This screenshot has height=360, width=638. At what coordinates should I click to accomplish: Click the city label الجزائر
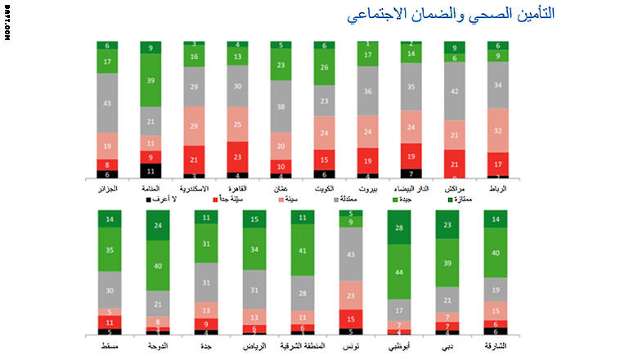pos(107,188)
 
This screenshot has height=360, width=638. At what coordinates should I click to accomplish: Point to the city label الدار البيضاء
pos(411,188)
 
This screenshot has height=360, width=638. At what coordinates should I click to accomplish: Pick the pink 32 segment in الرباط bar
pos(497,129)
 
